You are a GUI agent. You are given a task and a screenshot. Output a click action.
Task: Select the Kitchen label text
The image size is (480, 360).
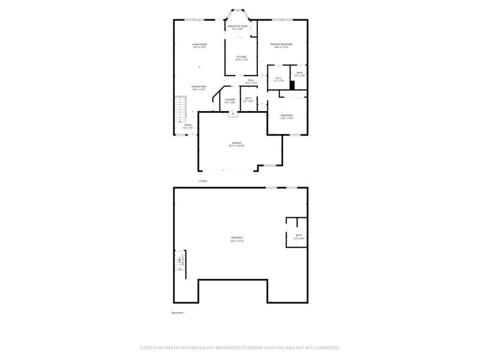click(241, 58)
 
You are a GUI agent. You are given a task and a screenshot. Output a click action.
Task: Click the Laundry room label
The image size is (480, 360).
click(230, 101)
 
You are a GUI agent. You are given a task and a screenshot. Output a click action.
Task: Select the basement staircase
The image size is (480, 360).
click(179, 262)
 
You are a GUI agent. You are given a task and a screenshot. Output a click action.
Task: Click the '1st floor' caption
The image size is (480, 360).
click(202, 181)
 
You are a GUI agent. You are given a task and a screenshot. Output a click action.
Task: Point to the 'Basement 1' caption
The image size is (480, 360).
click(178, 313)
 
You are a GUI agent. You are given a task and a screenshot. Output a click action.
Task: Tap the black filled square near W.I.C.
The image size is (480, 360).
click(292, 85)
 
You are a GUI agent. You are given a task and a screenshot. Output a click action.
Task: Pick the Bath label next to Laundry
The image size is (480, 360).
click(248, 101)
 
